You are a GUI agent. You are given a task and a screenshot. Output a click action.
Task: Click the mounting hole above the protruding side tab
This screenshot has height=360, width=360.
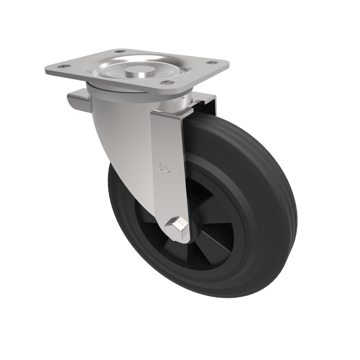(x=63, y=67)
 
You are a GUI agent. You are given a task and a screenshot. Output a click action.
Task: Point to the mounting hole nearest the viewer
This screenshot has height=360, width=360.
(x=167, y=83)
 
